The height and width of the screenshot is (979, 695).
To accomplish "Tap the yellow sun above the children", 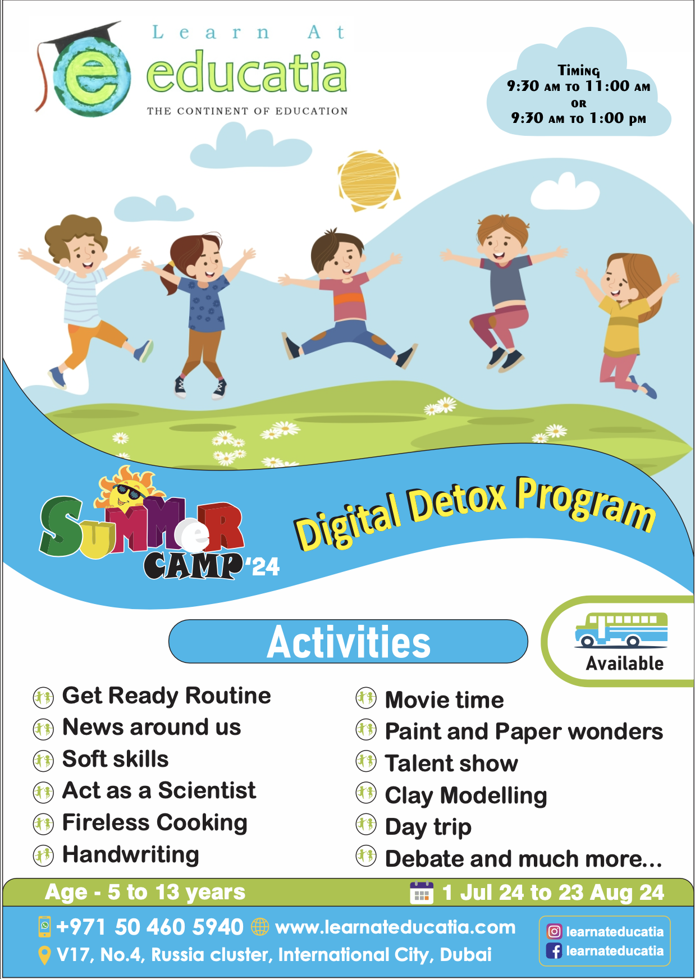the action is pos(369,180).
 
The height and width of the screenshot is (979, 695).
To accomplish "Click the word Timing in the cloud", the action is pos(579,71).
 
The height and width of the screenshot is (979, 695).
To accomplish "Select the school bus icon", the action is pos(621,630).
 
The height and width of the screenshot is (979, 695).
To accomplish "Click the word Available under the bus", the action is pos(624,664).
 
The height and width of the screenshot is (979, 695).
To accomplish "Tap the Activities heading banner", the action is pos(348,642).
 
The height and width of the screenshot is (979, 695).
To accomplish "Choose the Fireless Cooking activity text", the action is pos(155,822).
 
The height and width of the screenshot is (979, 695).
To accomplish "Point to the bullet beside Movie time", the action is pos(366,698).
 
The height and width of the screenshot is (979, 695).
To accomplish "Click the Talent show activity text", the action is pos(451,763).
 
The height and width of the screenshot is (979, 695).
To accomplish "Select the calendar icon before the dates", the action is pos(422,893).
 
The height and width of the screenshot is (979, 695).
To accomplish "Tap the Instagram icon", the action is pos(554,932).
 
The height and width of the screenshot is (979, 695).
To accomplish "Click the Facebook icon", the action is pos(554,951).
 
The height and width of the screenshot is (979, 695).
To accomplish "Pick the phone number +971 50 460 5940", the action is pos(150,927).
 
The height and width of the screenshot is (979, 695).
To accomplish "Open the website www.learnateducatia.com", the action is pos(395,927).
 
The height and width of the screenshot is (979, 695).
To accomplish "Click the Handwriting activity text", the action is pos(131,854).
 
